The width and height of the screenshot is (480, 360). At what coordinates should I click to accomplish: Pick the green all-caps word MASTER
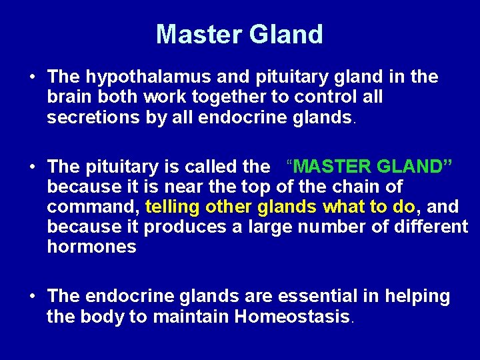tap(335, 166)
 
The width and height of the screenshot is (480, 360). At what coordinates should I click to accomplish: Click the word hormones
tap(92, 247)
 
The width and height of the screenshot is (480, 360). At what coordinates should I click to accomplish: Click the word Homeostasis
tap(292, 317)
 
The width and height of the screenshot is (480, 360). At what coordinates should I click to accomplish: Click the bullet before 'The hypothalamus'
tap(33, 77)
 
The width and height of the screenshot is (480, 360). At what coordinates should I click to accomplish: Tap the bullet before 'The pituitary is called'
tap(33, 166)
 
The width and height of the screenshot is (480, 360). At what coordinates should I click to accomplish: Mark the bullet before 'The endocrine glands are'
tap(33, 296)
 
